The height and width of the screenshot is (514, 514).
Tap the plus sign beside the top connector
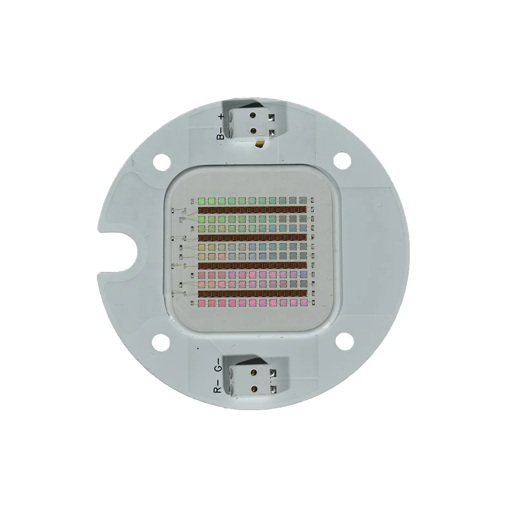[x=221, y=117]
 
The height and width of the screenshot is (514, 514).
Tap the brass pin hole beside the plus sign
[x=254, y=117]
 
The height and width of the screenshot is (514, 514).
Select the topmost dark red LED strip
[x=252, y=210]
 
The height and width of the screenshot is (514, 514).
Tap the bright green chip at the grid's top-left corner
[x=202, y=200]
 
